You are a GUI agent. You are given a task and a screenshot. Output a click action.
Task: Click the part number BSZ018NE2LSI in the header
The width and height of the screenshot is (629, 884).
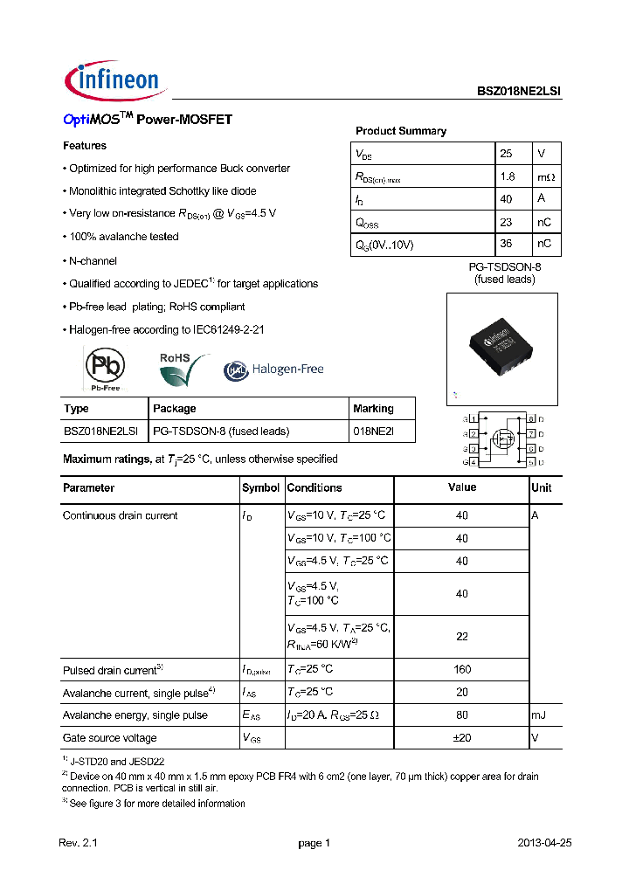point(519,91)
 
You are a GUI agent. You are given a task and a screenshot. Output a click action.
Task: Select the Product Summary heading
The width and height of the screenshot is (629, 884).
point(400,131)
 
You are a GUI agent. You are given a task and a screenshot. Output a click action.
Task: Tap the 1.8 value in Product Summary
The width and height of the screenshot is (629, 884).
point(507,176)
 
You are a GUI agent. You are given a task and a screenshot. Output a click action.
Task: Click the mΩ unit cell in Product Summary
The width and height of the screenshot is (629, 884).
point(545,176)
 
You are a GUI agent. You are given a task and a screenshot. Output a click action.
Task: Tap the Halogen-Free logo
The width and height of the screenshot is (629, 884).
point(274,369)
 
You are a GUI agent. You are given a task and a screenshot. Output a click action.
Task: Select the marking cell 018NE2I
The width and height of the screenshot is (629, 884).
point(373,431)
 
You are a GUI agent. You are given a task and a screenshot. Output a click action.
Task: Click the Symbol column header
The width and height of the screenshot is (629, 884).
point(260,488)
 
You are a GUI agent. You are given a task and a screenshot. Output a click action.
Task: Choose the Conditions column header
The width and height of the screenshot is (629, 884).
point(314,488)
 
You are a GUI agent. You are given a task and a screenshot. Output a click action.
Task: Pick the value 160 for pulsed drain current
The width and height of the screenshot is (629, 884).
point(462,669)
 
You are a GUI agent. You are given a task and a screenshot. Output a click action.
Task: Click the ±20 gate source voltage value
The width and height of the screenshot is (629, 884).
point(462,738)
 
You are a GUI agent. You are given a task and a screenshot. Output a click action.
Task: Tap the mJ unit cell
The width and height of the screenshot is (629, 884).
point(540,715)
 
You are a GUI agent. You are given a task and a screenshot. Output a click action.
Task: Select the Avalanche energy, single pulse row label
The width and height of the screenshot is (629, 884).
point(135,715)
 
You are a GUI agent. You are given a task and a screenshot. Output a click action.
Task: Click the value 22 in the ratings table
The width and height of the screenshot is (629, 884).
point(462,637)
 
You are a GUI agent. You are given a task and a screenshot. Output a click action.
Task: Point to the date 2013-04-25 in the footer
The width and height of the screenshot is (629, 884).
point(545,843)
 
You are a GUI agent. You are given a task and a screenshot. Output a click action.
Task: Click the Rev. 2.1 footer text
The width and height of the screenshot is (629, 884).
point(79,843)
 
